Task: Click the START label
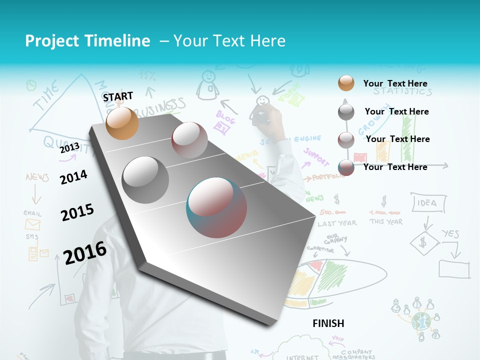point(118,96)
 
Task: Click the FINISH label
point(328,323)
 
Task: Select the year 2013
point(69,148)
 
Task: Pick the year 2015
point(77,212)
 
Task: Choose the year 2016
point(85,252)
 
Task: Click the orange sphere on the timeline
point(122,123)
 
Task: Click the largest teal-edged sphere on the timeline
point(216,207)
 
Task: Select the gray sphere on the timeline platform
point(145,180)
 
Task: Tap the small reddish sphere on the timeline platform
point(189,140)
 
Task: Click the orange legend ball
point(346,83)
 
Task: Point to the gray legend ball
point(346,111)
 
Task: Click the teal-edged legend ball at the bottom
point(346,167)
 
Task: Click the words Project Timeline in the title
point(87,41)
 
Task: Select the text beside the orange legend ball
point(395,83)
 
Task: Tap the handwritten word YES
point(450,234)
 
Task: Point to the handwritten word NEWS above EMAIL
point(37,177)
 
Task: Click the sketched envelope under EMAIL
point(32,224)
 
